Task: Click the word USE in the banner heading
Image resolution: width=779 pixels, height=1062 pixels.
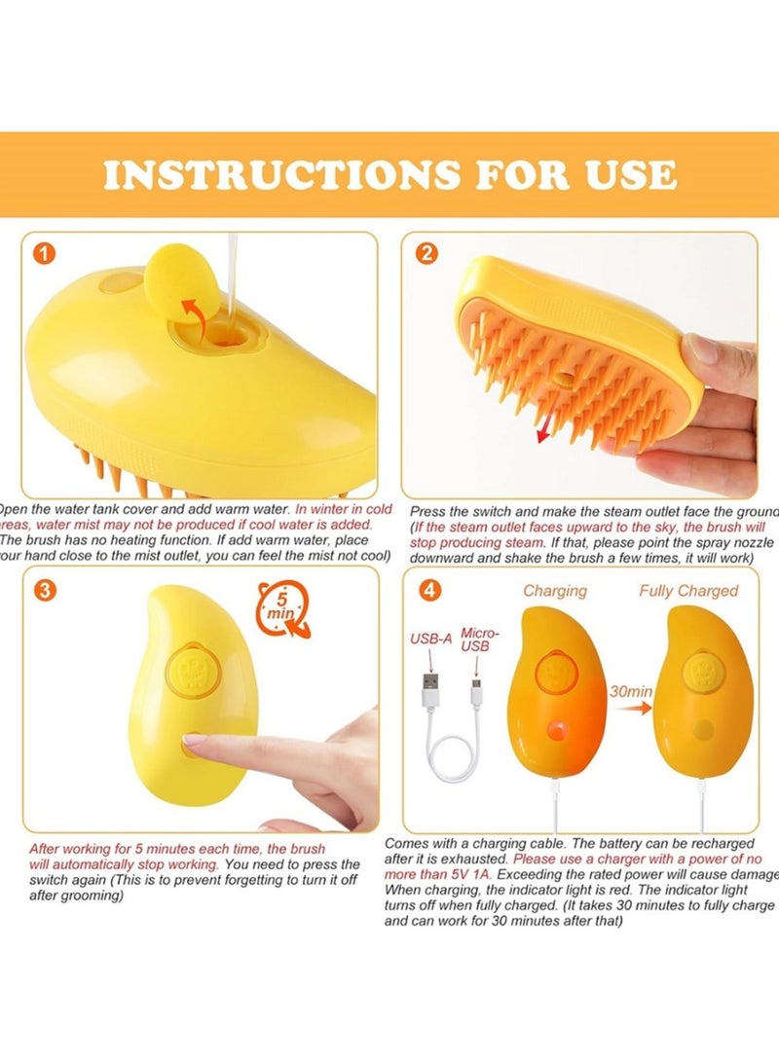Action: coord(622,175)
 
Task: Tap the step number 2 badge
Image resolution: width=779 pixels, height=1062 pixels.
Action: coord(427,255)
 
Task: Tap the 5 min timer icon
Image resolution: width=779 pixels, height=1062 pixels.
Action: coord(282,611)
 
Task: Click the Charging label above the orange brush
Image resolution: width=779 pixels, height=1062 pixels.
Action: coord(555,591)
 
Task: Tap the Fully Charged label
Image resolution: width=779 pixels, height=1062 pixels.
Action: coord(688,591)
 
